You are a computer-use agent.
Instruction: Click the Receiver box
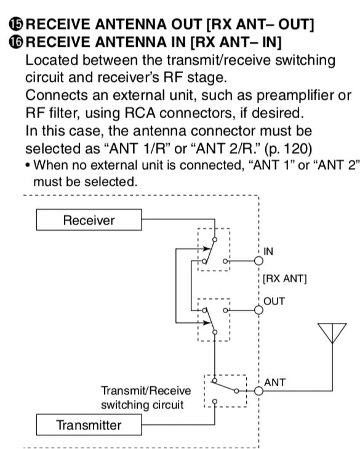[89, 220]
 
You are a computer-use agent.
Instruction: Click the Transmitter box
[89, 424]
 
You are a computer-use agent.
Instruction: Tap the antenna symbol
[332, 332]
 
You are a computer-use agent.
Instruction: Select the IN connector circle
[258, 261]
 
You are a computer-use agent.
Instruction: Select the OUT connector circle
[258, 310]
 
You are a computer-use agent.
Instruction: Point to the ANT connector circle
[258, 391]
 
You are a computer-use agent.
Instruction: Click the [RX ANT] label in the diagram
[285, 279]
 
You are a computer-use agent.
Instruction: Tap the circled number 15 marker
[16, 24]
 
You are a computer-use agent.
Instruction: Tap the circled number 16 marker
[16, 42]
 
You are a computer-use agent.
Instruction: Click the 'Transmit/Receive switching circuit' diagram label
[146, 398]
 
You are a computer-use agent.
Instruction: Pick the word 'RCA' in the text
[140, 113]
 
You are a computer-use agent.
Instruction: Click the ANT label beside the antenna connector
[274, 383]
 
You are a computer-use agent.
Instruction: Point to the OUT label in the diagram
[274, 301]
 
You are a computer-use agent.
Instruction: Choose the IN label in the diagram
[268, 252]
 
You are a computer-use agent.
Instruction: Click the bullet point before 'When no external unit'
[28, 166]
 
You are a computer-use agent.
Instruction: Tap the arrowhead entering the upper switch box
[207, 248]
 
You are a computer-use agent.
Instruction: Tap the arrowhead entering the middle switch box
[207, 323]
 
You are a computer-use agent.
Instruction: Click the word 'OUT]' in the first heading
[296, 24]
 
